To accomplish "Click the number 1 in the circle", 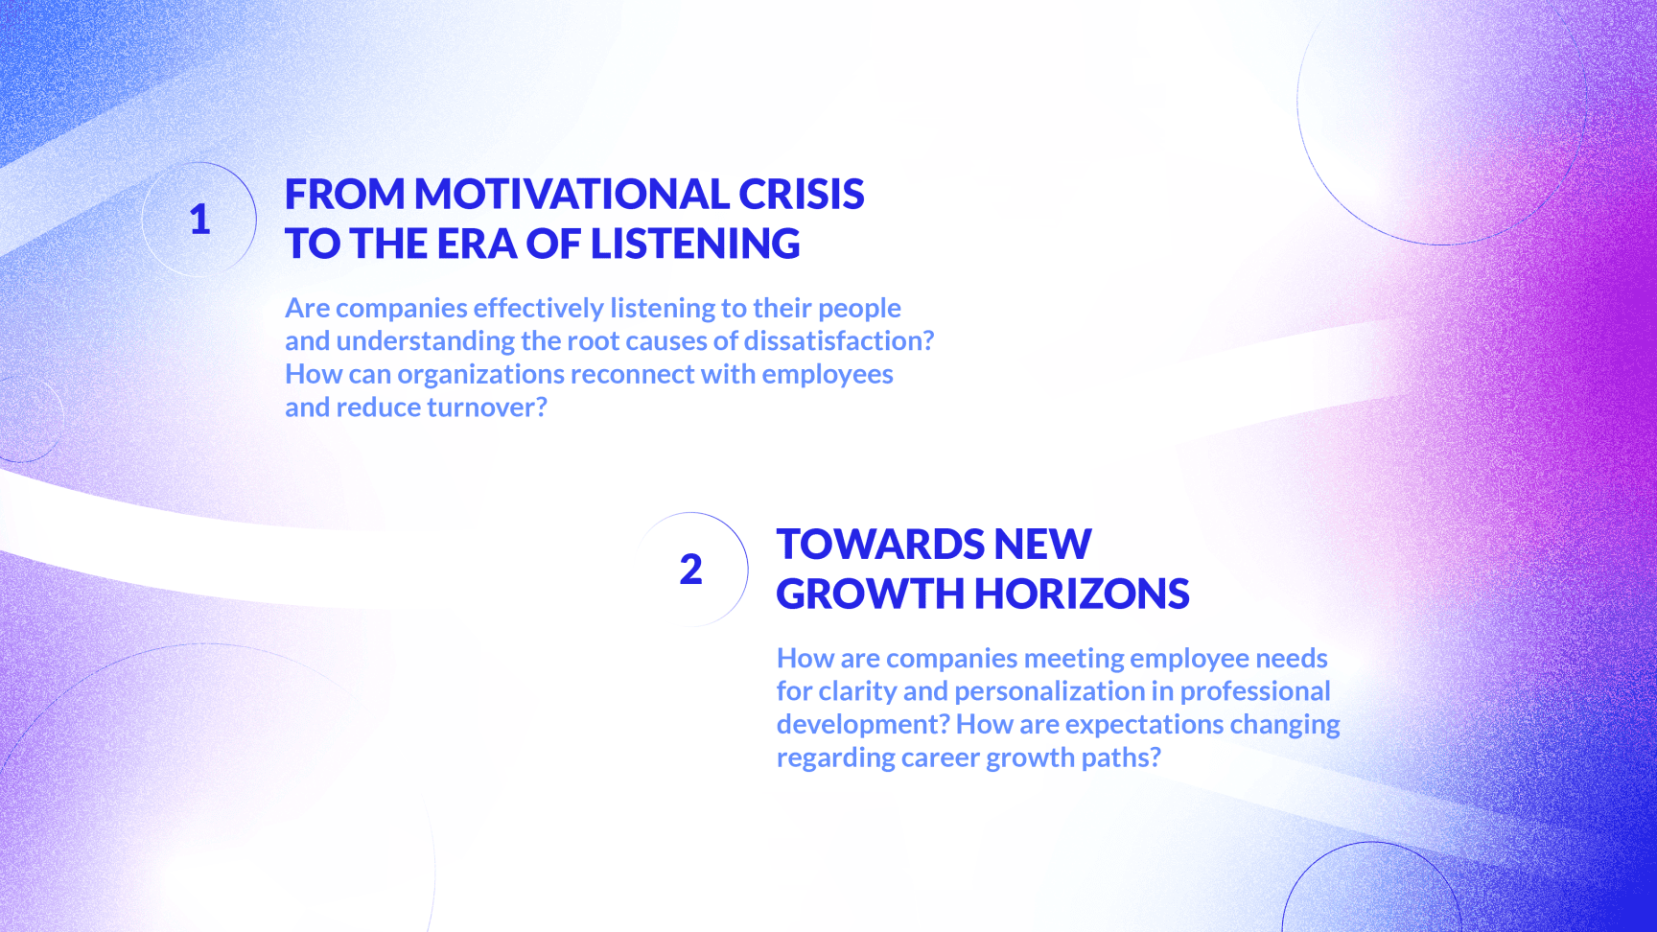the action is (x=199, y=220).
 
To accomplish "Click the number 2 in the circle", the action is (x=690, y=570).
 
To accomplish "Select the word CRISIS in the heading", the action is (x=802, y=194).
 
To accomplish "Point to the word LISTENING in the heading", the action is (x=695, y=244).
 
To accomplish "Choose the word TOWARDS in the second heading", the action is (x=881, y=544).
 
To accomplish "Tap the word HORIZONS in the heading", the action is (x=1082, y=594).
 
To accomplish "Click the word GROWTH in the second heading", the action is (x=870, y=594).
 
